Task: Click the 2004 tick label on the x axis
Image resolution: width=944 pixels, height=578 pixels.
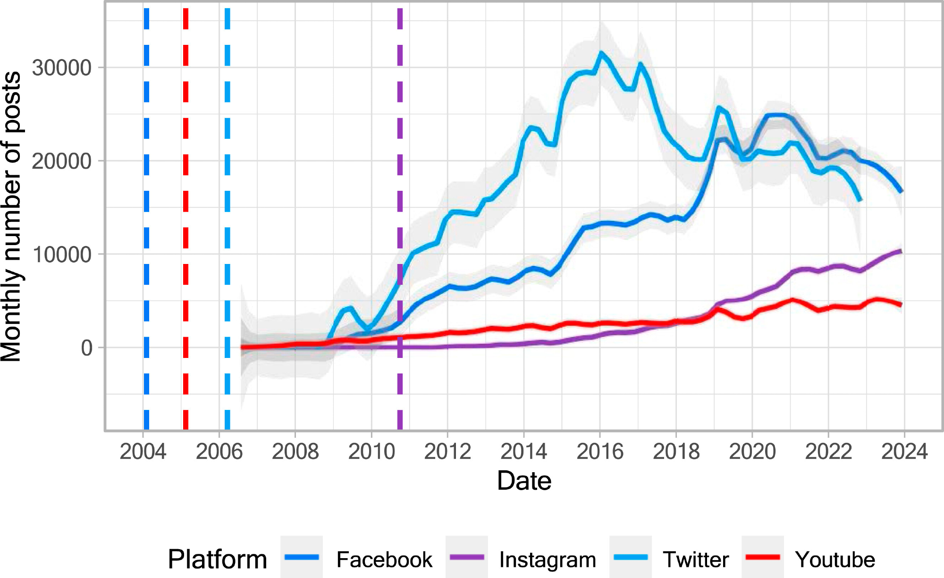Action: pos(143,451)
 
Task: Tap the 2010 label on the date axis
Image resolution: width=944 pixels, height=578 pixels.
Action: pos(371,451)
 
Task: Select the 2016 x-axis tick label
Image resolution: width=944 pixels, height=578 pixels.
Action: pos(600,451)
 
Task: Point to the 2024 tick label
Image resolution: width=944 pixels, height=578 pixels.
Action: pos(904,451)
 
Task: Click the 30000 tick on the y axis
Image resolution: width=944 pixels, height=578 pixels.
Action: pos(61,68)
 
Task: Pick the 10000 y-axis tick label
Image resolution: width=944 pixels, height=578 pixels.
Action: pos(61,255)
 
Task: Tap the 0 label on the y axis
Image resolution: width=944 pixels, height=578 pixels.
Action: pos(87,348)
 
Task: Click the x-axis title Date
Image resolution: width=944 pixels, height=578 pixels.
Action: pos(524,481)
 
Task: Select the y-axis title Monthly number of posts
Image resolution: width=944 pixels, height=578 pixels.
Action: pos(11,217)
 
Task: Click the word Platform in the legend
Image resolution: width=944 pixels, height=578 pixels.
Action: pos(218,559)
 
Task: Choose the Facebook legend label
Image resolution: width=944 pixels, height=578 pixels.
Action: pos(384,560)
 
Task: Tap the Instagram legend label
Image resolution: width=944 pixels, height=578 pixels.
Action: pos(548,560)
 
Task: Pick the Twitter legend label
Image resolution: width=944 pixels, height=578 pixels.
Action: pos(696,560)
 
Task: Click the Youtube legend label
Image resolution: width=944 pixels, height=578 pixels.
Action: pos(835,560)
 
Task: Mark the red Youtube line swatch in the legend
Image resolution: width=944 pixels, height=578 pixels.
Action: pos(763,557)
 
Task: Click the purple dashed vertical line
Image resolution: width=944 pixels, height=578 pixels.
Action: pos(400,189)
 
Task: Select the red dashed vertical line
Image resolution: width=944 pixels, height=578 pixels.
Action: pos(185,189)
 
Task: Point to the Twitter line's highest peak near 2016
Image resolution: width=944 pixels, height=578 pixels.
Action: pos(601,53)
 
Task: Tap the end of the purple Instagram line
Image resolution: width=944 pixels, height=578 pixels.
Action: pos(901,251)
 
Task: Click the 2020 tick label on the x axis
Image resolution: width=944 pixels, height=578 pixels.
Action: pos(752,451)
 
